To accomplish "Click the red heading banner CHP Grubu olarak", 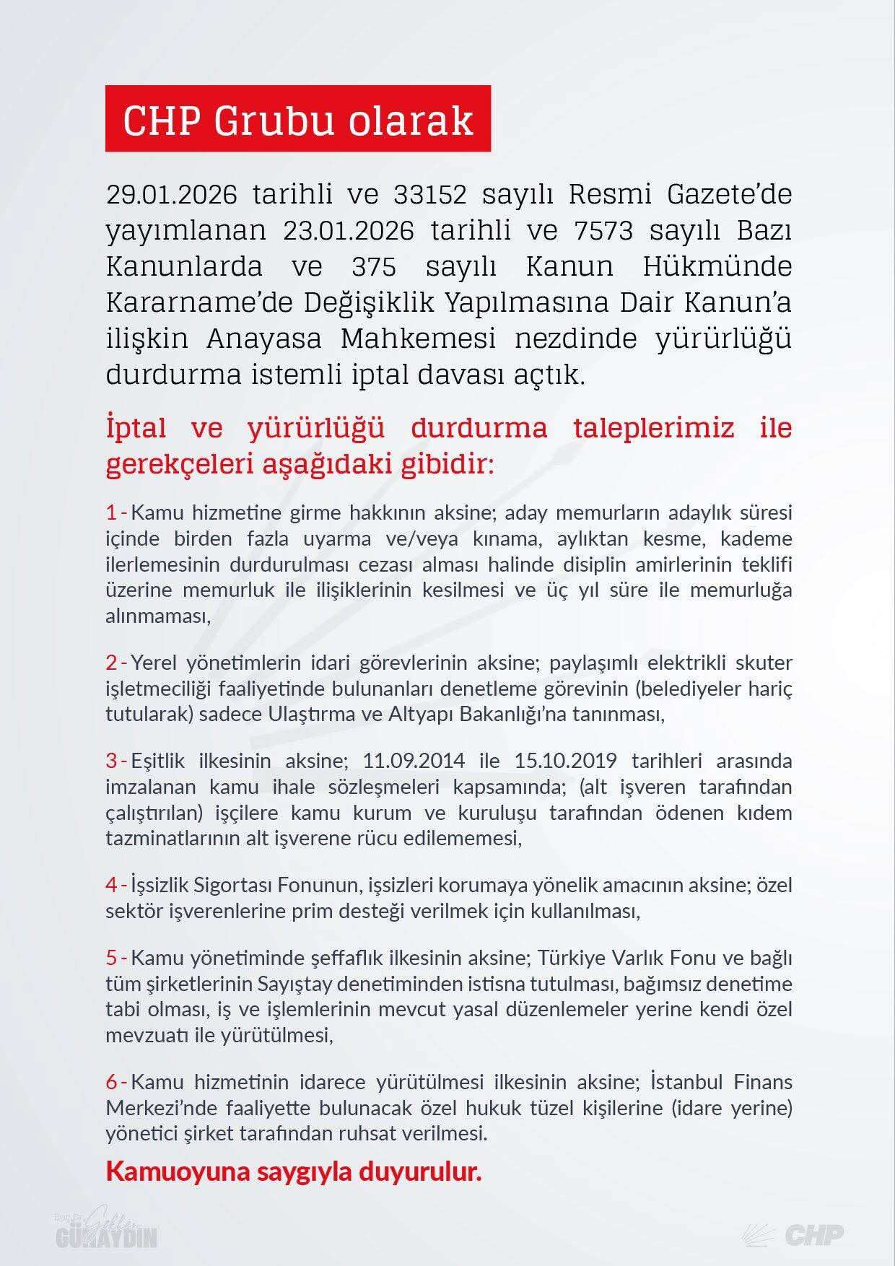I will coord(297,119).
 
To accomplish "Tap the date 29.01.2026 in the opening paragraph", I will coord(172,195).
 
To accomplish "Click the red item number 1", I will coord(112,513).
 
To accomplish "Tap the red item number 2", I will coord(112,663).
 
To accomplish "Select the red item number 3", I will coord(112,761).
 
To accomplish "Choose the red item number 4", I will coord(112,884).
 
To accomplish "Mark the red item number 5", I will coord(112,959).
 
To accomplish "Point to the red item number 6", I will coord(112,1082).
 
